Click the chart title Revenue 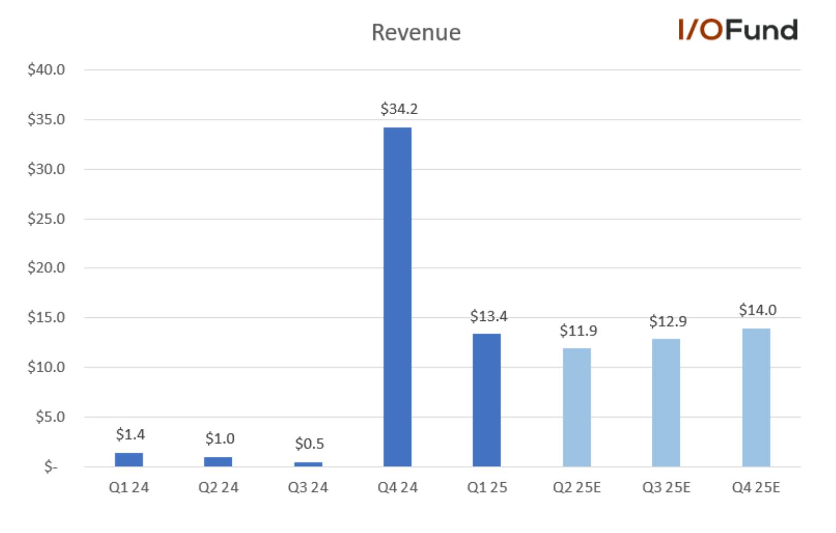416,32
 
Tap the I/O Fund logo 738,30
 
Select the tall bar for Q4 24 397,297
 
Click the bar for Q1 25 487,400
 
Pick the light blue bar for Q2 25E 577,407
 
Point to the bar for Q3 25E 666,403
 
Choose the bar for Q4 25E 756,398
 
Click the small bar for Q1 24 129,460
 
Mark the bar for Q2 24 219,462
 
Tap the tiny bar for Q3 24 308,464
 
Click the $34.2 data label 399,109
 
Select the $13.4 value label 488,316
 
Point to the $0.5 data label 310,444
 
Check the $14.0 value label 758,310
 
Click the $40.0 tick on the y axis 46,70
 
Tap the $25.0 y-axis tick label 46,219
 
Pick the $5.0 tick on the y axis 50,417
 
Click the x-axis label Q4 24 397,488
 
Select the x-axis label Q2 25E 577,488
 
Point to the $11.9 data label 578,331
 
